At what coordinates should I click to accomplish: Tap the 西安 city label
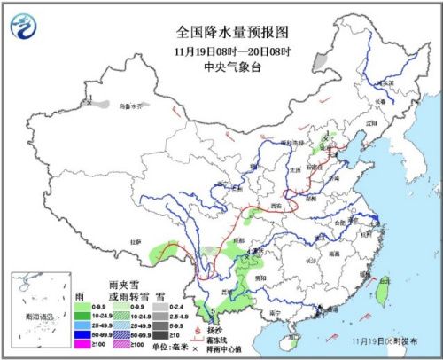click(x=275, y=206)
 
